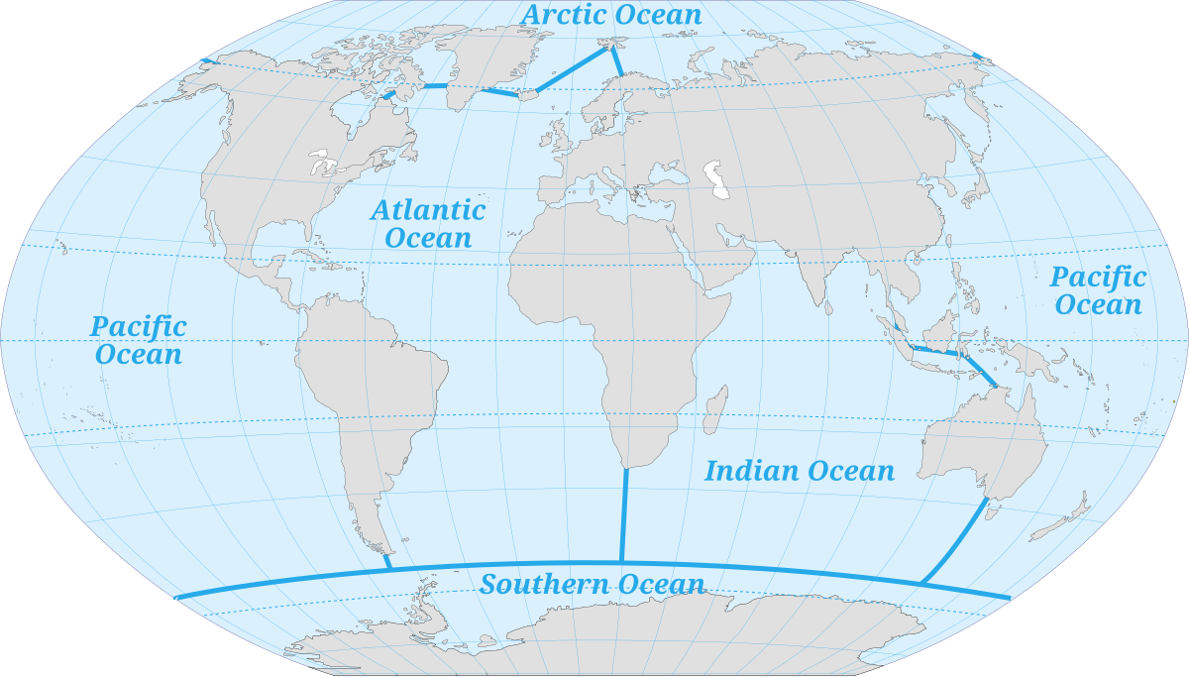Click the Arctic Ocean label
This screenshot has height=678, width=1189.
click(611, 16)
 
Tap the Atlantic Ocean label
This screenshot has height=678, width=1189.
click(428, 224)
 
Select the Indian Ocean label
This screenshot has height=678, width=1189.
click(799, 471)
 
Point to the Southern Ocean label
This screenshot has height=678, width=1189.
click(592, 585)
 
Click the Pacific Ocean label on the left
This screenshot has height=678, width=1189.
click(138, 340)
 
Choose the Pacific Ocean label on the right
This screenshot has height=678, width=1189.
click(1098, 290)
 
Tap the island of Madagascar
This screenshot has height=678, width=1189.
click(713, 409)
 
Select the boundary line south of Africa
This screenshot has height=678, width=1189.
click(624, 515)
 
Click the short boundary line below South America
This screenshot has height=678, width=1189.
click(387, 560)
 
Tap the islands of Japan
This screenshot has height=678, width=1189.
click(976, 183)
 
